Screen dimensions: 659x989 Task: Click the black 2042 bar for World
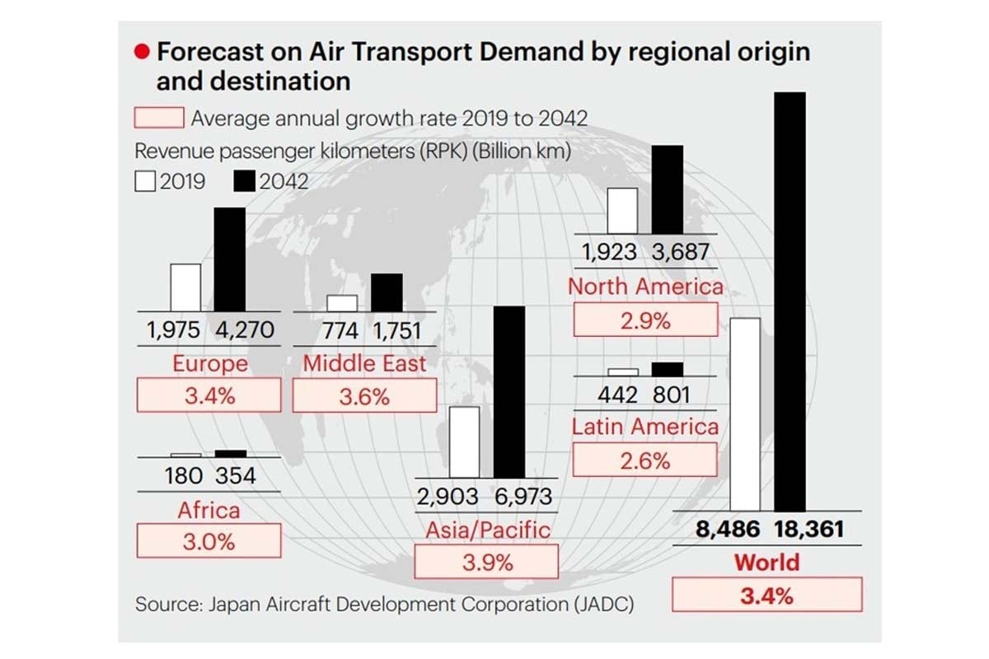790,301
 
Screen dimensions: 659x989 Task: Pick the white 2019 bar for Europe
185,288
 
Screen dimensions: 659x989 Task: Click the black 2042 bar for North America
668,189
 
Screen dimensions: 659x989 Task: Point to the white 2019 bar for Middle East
342,304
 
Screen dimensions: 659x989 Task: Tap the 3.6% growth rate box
364,396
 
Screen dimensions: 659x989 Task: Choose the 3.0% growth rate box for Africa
209,542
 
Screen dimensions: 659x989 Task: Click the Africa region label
209,511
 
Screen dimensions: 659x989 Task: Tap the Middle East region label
364,363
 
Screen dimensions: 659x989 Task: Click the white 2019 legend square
145,181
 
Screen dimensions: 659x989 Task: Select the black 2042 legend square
246,181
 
